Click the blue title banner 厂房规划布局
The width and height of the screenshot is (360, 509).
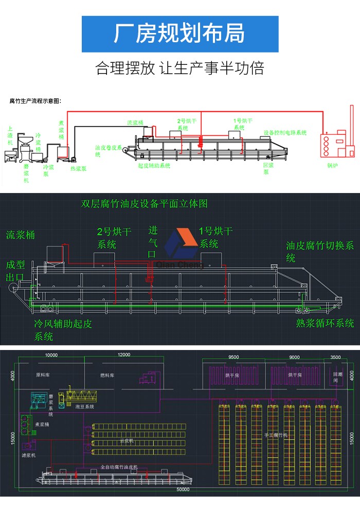(180, 33)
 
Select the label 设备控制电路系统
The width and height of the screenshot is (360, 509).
(285, 132)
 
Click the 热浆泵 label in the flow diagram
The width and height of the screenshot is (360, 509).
(78, 168)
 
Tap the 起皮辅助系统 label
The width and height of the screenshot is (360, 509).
(154, 166)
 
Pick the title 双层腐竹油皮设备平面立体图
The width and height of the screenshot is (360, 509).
(145, 204)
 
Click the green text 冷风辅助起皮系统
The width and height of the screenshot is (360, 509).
(63, 330)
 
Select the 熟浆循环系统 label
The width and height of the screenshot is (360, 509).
(325, 323)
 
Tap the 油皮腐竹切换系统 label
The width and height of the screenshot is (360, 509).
(319, 251)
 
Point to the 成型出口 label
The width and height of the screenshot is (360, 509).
(15, 271)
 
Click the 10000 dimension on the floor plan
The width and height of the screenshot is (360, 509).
(51, 356)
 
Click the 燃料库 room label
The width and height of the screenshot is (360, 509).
(107, 376)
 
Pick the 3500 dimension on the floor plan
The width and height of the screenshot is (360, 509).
(335, 357)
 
